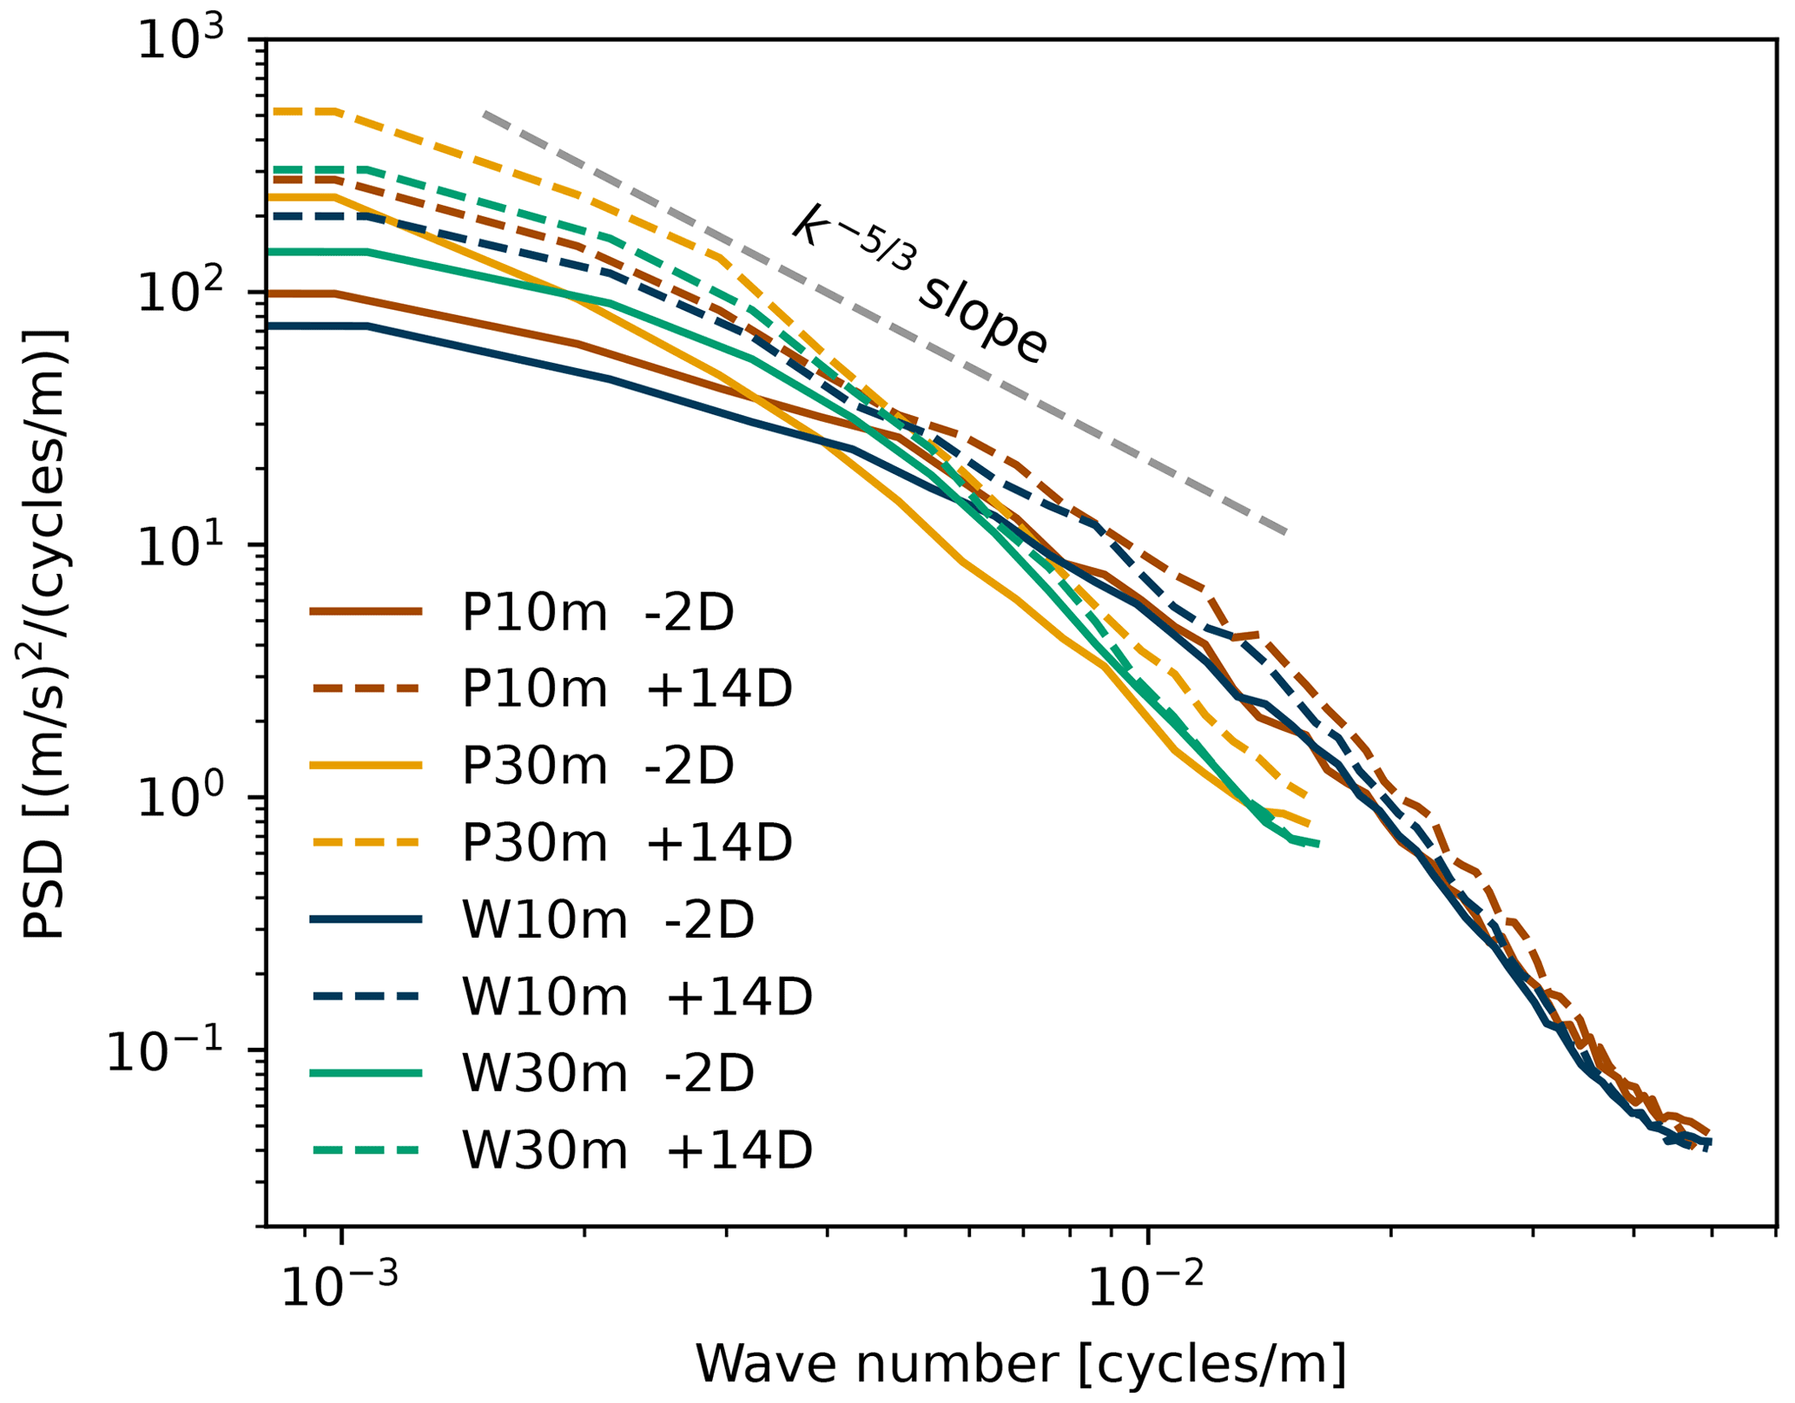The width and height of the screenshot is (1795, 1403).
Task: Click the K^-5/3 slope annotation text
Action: [921, 283]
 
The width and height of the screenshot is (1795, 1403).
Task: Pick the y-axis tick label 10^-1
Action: [165, 1051]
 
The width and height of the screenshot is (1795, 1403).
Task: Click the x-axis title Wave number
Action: [1021, 1364]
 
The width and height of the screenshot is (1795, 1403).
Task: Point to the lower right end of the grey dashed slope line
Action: [1285, 531]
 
